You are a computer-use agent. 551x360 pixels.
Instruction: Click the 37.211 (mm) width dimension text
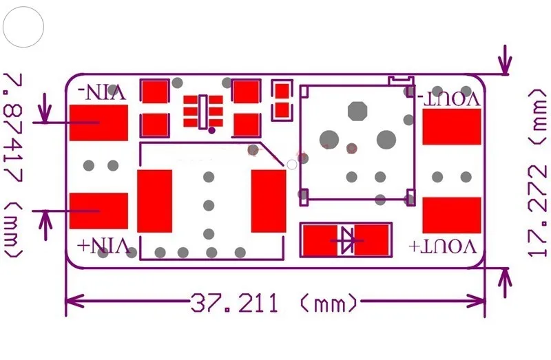[274, 303]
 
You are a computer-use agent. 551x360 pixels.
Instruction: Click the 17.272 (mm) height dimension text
[538, 173]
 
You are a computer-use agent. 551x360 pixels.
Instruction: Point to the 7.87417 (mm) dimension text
[13, 165]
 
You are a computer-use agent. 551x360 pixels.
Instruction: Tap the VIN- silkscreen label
[102, 92]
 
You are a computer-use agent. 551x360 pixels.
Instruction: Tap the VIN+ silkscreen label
[102, 246]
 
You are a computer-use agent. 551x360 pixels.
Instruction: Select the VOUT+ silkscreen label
[443, 246]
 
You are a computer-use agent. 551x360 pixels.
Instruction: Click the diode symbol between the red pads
[347, 241]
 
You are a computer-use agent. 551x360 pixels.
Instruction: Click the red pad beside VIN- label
[98, 123]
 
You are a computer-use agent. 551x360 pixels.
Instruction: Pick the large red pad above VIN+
[98, 211]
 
